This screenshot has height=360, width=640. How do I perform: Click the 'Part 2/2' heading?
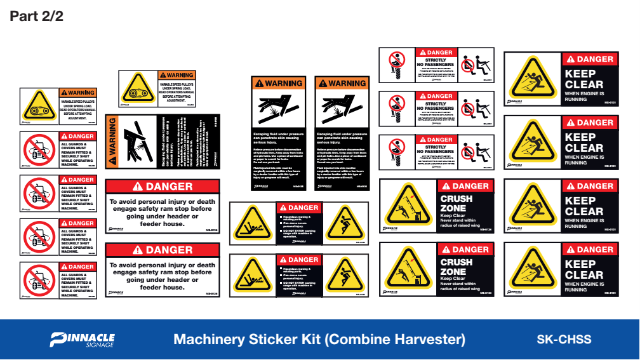(36, 15)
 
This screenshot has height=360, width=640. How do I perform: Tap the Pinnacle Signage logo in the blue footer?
(83, 340)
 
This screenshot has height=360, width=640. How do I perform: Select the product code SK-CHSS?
(564, 340)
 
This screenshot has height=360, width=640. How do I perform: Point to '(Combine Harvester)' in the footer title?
(395, 340)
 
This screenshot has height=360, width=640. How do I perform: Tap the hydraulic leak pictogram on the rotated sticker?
(138, 142)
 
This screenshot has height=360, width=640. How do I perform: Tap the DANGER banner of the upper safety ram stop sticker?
(163, 187)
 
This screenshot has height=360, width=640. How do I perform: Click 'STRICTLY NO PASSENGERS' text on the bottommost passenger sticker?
(436, 149)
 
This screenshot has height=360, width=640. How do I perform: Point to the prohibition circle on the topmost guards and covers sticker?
(39, 150)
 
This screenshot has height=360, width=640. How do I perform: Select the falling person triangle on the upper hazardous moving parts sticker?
(252, 223)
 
